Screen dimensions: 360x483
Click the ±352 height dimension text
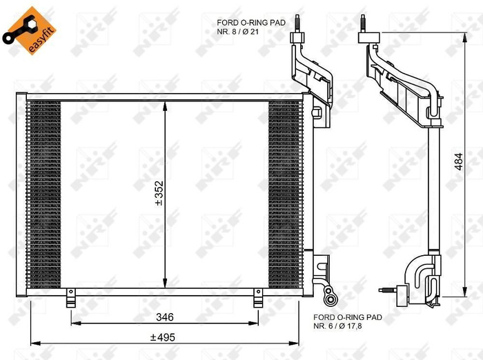click(x=158, y=195)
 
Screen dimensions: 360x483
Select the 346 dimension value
click(x=164, y=317)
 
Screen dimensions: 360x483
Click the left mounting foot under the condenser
click(x=70, y=299)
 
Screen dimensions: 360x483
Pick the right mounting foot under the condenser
click(x=258, y=299)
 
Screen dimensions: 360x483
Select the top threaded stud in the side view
click(x=362, y=22)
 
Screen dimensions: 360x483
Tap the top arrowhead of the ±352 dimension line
click(x=164, y=106)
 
